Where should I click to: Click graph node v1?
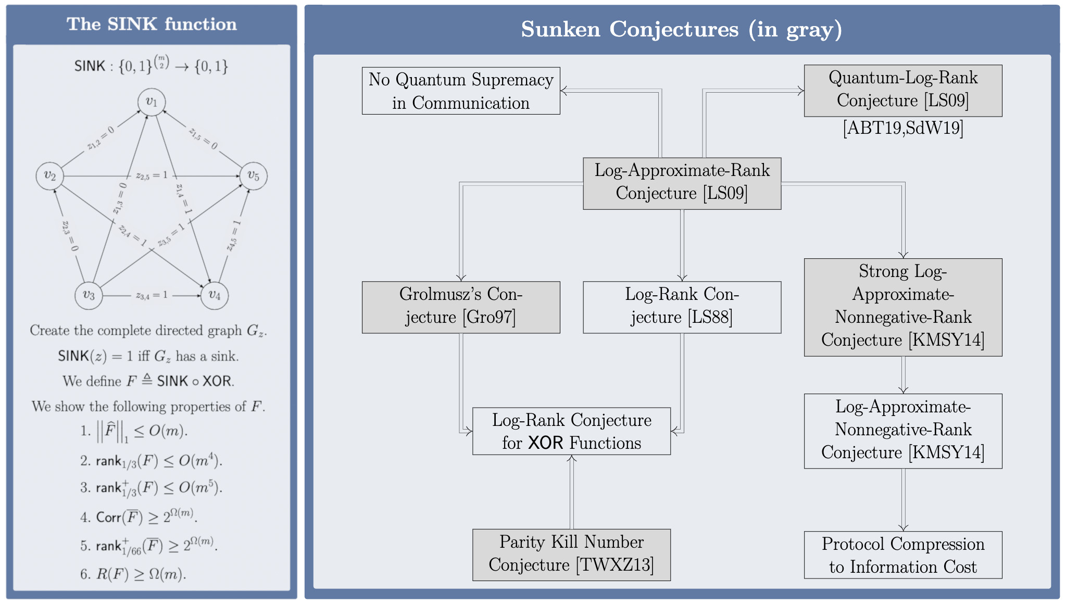[x=152, y=102]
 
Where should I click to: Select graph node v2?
[x=49, y=176]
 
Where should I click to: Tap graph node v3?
[x=89, y=295]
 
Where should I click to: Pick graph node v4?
[x=215, y=295]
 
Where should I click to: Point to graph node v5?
[x=253, y=176]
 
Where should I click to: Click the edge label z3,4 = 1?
[x=152, y=295]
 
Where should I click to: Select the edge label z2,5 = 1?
[x=152, y=176]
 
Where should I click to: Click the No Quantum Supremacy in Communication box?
[x=461, y=91]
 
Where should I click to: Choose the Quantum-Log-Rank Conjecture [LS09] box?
[x=902, y=90]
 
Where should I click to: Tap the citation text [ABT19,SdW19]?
[x=902, y=128]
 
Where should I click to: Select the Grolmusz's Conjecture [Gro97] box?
[x=461, y=307]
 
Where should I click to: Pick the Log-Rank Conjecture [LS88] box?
[x=682, y=307]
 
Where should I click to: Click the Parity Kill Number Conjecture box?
[x=571, y=555]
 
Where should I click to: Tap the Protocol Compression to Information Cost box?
[x=902, y=555]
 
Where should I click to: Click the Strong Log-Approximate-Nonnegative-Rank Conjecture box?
[x=902, y=307]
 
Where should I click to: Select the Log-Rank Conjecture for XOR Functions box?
[x=571, y=431]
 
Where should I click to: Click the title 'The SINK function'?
[x=152, y=24]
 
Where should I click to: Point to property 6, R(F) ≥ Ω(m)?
[x=133, y=574]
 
